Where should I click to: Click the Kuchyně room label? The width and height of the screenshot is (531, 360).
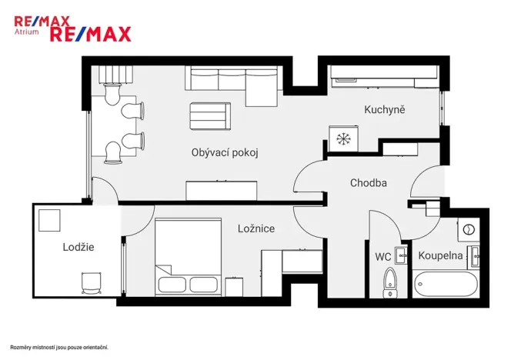click(x=384, y=110)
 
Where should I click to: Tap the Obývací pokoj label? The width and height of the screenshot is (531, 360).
click(x=225, y=152)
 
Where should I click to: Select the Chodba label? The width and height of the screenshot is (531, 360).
click(x=368, y=183)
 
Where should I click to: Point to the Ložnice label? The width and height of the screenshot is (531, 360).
click(x=256, y=228)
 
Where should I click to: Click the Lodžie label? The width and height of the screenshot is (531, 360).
click(x=78, y=247)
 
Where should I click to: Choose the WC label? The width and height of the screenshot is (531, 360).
click(x=383, y=256)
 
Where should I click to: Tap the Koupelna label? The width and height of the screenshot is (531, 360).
click(x=440, y=255)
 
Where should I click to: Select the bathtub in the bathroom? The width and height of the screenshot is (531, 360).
click(x=445, y=283)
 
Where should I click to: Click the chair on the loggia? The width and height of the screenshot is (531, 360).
click(x=91, y=282)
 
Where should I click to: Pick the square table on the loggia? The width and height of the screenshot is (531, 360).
click(x=50, y=220)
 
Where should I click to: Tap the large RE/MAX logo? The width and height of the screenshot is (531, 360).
click(x=90, y=33)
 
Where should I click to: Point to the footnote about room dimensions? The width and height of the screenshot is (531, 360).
click(x=58, y=347)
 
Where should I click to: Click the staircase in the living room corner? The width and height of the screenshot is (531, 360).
click(x=113, y=74)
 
